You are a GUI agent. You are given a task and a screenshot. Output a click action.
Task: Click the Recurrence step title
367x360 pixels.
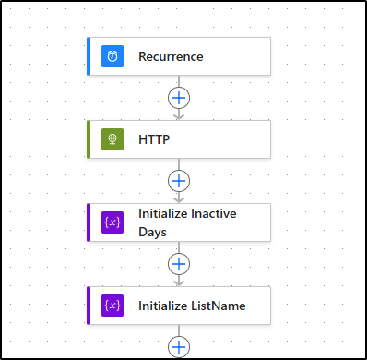click(171, 56)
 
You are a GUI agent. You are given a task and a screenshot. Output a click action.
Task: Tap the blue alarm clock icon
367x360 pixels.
click(112, 56)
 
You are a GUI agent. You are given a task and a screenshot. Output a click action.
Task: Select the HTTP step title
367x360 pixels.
click(154, 139)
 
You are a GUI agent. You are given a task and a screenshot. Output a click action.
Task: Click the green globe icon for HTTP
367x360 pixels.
click(112, 139)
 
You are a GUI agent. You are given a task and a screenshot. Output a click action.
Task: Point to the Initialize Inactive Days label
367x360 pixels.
click(187, 222)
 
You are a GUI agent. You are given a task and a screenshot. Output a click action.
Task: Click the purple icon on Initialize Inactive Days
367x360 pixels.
click(112, 222)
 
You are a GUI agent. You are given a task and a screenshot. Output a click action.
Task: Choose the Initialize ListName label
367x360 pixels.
click(192, 306)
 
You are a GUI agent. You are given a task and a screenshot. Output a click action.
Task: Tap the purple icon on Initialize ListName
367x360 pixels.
click(112, 306)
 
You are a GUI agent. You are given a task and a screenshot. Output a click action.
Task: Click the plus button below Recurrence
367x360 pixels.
click(179, 97)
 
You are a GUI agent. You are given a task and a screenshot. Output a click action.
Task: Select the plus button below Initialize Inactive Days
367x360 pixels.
click(179, 263)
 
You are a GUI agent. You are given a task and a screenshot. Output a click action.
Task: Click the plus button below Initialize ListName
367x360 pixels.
click(179, 346)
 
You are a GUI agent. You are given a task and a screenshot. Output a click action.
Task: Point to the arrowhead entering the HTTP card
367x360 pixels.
click(179, 116)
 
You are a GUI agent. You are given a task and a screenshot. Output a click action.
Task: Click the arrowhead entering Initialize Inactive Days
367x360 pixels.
click(179, 199)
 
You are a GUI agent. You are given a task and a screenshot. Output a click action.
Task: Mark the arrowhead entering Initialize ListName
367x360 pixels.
click(179, 282)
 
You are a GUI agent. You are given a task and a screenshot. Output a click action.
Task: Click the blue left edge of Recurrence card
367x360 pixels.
click(89, 56)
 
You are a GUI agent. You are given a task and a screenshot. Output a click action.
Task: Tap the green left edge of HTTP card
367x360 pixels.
click(89, 139)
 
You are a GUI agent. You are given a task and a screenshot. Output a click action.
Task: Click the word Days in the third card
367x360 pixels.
click(153, 232)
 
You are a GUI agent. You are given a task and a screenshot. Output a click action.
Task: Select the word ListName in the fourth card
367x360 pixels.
click(219, 306)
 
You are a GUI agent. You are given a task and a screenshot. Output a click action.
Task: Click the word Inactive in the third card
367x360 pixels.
click(213, 213)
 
